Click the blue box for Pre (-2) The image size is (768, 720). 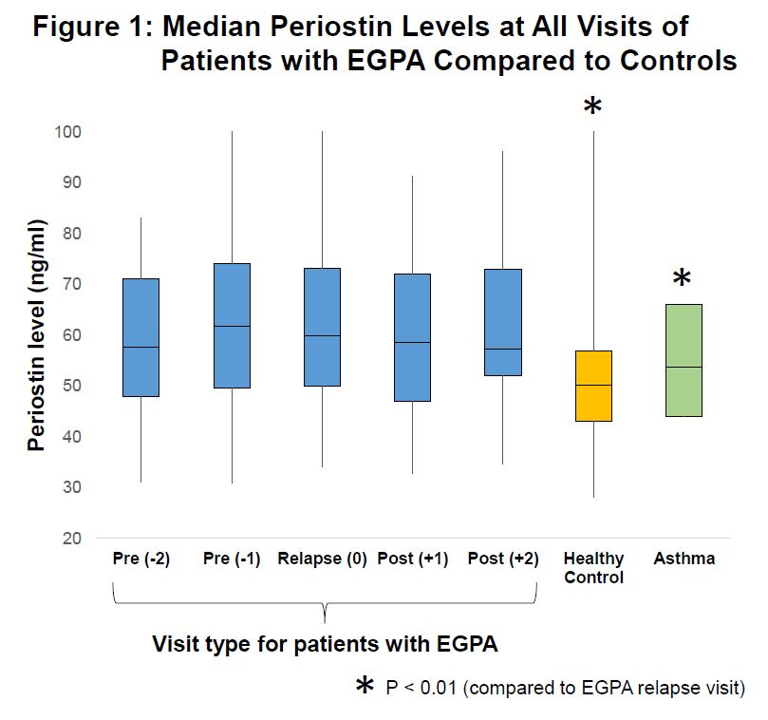140,337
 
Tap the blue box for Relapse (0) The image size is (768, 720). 322,327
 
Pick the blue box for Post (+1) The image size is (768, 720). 412,337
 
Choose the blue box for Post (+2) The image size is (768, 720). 503,322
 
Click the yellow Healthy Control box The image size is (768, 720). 593,386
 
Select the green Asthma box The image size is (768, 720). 684,360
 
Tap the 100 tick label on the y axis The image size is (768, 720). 72,131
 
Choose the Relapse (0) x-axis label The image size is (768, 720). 322,559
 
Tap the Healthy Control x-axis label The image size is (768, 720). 593,567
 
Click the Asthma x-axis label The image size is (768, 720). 684,559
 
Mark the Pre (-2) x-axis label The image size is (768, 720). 140,559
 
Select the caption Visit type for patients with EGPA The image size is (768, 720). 325,644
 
